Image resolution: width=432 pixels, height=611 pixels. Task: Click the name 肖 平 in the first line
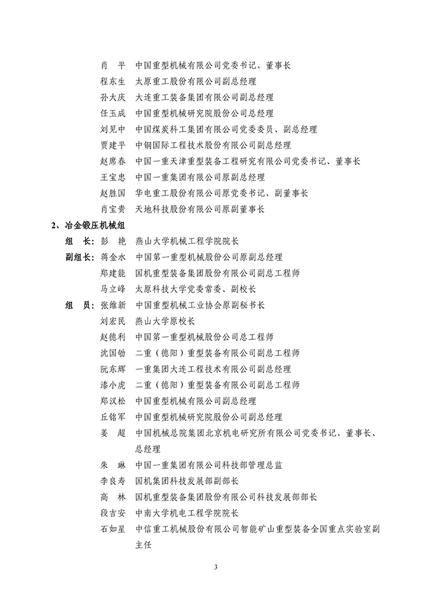pos(112,65)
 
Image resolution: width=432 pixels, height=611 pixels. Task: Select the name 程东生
pos(112,81)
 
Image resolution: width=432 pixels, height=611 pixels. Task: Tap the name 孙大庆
pos(112,97)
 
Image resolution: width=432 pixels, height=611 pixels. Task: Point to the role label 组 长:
pos(79,241)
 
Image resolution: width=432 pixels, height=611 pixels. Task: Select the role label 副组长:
pos(79,257)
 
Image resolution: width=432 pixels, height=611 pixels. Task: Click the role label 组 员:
pos(79,305)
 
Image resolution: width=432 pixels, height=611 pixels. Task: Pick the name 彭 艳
pos(112,241)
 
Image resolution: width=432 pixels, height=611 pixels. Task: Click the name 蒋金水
pos(112,257)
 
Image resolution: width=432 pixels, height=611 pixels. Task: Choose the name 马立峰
pos(112,289)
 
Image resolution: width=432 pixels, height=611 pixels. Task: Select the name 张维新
pos(112,305)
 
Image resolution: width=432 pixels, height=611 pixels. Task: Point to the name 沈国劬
pos(112,353)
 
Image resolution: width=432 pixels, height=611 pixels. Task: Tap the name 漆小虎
pos(112,385)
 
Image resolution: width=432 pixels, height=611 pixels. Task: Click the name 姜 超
pos(112,433)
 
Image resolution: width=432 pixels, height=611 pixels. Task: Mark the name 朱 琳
pos(112,465)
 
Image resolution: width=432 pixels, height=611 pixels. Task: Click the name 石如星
pos(112,529)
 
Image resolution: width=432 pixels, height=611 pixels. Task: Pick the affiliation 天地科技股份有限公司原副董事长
pos(199,209)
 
